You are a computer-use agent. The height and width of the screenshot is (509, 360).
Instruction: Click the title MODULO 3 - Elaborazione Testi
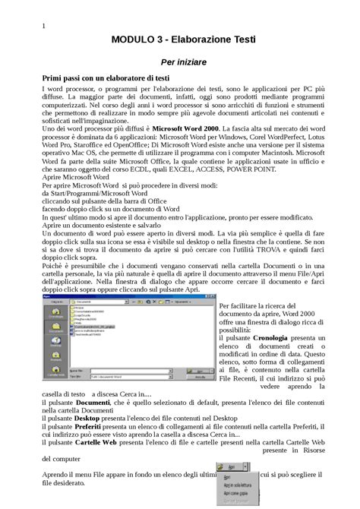tap(183, 40)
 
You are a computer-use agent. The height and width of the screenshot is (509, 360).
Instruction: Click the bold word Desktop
tap(97, 418)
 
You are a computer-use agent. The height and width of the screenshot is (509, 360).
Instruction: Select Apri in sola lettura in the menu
tap(238, 481)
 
